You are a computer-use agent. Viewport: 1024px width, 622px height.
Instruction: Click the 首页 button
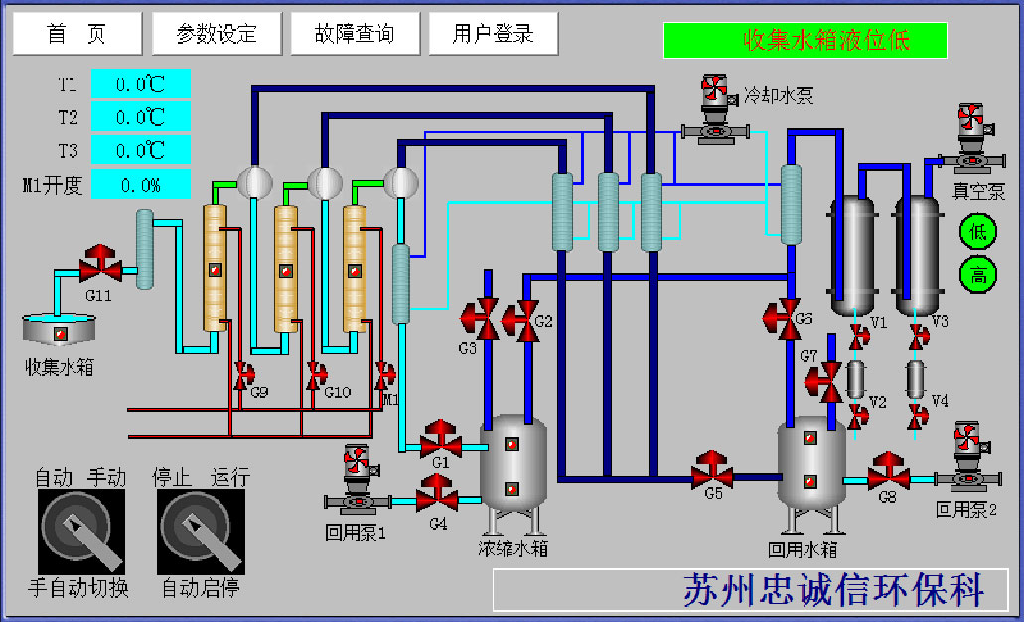click(x=76, y=34)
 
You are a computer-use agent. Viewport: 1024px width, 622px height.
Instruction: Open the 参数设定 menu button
click(x=217, y=34)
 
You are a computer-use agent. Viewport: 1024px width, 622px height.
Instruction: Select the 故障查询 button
click(x=355, y=34)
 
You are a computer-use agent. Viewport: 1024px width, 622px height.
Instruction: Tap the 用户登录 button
click(x=493, y=34)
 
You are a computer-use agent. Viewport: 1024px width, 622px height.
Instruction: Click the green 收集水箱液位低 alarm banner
click(x=805, y=41)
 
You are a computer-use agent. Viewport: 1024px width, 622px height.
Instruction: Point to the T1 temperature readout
click(x=140, y=84)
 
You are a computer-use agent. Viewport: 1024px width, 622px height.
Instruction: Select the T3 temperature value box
click(x=140, y=150)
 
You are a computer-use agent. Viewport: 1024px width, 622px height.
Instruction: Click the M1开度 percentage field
click(x=140, y=184)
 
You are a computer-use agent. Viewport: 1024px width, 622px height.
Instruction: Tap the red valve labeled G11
click(x=99, y=264)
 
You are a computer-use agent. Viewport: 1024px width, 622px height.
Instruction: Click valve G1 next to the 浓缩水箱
click(x=440, y=438)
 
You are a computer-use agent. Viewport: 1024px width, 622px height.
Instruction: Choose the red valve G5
click(x=713, y=471)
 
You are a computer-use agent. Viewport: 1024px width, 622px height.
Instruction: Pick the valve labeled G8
click(x=889, y=472)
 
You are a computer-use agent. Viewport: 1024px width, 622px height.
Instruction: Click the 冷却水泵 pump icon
click(x=714, y=109)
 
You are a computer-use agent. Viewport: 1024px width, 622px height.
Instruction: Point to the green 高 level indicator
click(x=977, y=274)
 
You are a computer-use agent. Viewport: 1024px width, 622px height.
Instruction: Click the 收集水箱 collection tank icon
click(x=60, y=332)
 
